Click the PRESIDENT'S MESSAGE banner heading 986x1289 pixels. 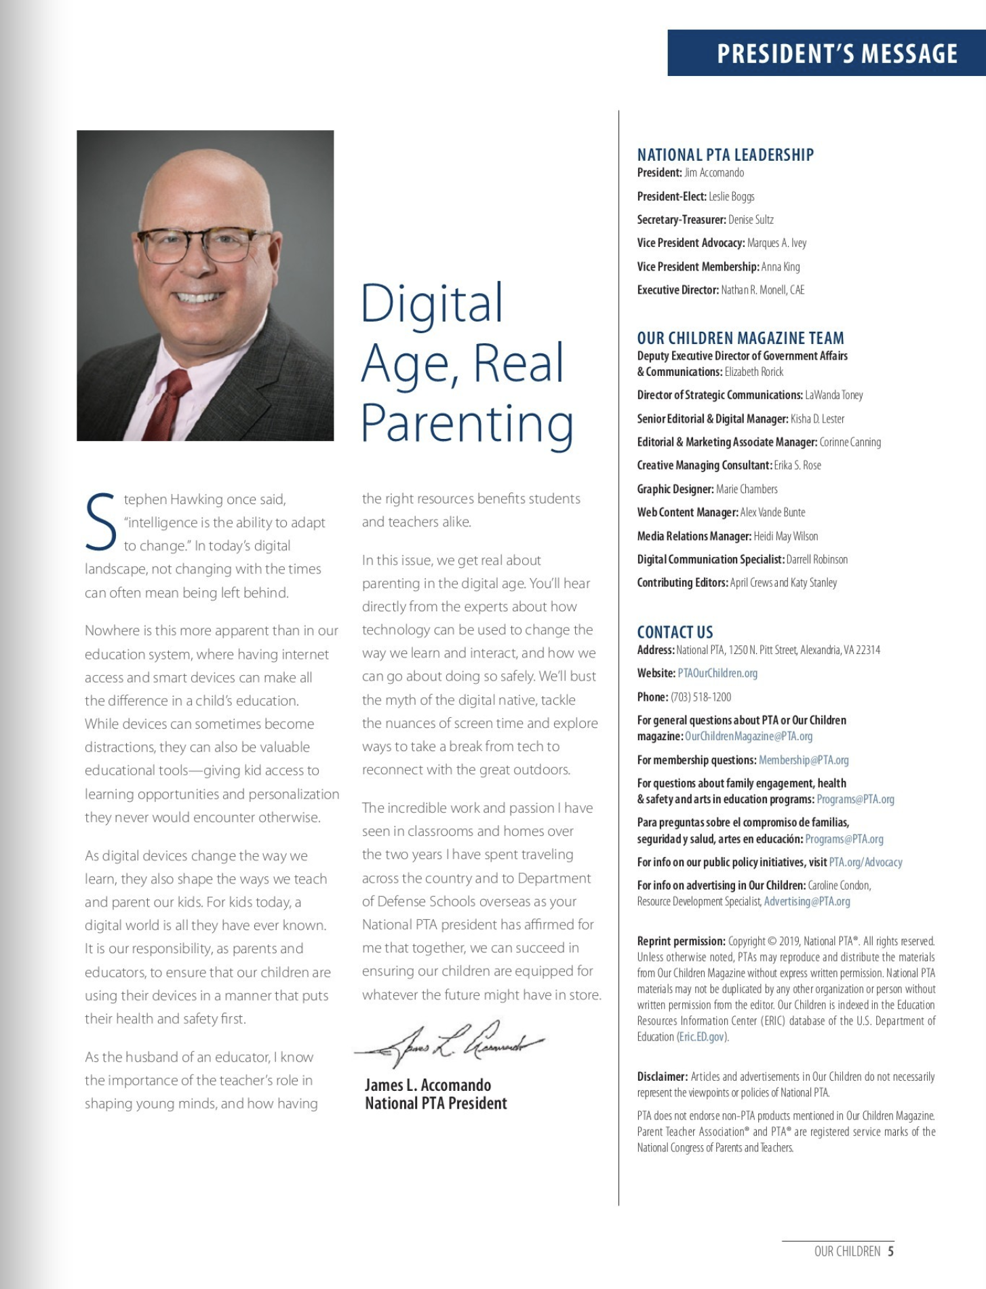(837, 54)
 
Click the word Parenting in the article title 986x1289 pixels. (467, 425)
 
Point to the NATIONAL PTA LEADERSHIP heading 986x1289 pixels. (725, 155)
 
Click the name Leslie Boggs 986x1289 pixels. (731, 197)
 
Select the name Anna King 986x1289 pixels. (781, 267)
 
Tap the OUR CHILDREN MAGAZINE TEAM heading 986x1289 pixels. (741, 338)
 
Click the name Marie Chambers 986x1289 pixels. (747, 489)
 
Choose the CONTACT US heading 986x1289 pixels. (675, 632)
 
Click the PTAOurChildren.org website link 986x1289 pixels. (717, 673)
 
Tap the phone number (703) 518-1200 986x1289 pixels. (701, 697)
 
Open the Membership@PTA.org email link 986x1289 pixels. (804, 760)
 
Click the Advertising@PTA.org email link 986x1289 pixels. (807, 902)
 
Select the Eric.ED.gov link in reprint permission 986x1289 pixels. (702, 1037)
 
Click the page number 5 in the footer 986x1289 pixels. (890, 1251)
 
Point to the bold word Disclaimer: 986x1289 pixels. (662, 1077)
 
